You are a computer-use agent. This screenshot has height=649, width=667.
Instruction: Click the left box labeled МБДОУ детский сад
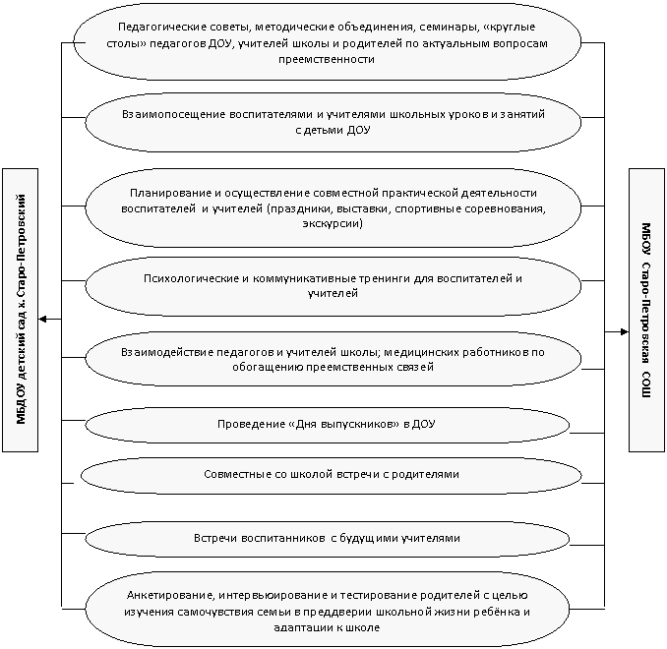click(20, 310)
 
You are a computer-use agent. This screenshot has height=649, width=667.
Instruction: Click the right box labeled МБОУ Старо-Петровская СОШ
click(646, 310)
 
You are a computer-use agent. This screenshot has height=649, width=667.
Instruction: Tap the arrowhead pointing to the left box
click(42, 319)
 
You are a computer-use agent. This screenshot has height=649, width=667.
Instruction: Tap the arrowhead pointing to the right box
click(624, 331)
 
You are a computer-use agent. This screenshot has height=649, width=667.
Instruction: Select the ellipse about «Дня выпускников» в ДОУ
click(328, 425)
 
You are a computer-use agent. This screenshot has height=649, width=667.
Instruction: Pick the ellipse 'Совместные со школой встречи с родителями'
click(331, 475)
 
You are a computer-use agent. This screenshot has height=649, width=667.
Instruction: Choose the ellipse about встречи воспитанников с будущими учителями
click(328, 539)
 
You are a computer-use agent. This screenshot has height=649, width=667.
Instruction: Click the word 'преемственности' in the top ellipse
click(327, 59)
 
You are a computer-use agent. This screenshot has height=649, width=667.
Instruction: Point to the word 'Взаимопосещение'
click(173, 115)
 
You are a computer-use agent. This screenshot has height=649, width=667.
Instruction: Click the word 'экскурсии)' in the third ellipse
click(333, 223)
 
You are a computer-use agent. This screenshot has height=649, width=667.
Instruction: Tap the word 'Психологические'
click(192, 278)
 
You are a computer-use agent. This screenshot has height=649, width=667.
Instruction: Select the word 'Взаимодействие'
click(167, 353)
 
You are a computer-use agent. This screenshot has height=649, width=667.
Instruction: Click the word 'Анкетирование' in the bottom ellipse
click(170, 596)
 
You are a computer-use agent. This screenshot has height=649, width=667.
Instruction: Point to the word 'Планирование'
click(170, 194)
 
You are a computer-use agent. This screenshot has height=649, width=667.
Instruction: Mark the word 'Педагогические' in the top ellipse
click(163, 28)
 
